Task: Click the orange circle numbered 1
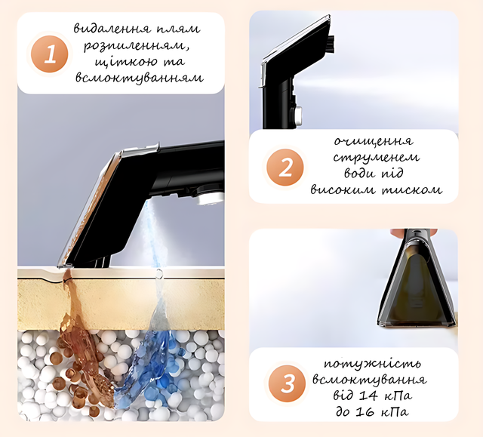tap(49, 54)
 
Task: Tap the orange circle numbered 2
tap(285, 168)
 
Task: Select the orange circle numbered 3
tap(287, 383)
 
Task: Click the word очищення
tap(374, 141)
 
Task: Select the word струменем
tap(376, 158)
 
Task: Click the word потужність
tap(372, 363)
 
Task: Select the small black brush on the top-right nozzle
tap(331, 43)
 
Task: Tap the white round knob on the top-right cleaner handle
tap(298, 116)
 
